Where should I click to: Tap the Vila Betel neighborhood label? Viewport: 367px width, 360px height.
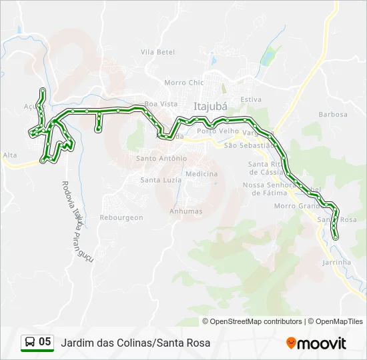(x=157, y=52)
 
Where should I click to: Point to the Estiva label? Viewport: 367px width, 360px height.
(x=251, y=99)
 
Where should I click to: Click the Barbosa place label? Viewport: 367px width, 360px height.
(x=333, y=114)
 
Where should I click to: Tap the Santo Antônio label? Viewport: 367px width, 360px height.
(x=161, y=159)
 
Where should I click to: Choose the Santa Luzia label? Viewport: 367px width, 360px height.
(x=159, y=180)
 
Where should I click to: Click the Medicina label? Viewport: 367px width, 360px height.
(x=202, y=174)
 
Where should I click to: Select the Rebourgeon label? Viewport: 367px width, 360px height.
(x=121, y=217)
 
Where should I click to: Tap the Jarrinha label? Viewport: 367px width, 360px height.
(x=336, y=263)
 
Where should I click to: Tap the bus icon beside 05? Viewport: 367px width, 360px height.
(x=30, y=342)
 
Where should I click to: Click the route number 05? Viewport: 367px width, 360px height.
(x=45, y=342)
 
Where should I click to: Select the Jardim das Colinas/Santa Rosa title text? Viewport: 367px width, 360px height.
(x=135, y=343)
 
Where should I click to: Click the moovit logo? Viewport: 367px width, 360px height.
(x=316, y=343)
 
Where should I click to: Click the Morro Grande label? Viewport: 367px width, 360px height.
(x=298, y=206)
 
